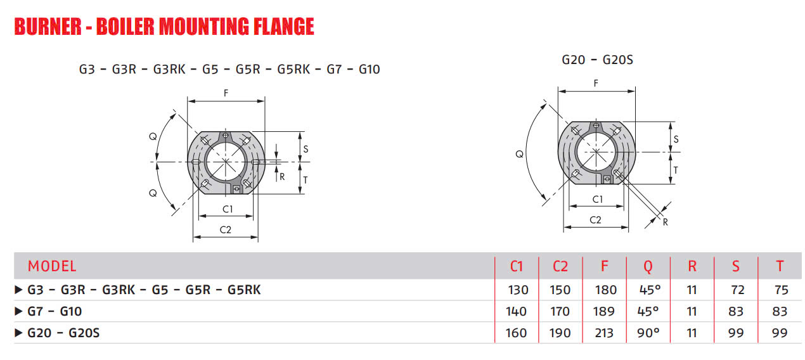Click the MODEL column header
(52, 266)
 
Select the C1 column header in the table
(517, 266)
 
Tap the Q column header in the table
(648, 266)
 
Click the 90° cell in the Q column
(648, 333)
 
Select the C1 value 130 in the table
(517, 290)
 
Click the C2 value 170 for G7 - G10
(560, 312)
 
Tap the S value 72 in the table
(736, 290)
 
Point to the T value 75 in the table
(781, 290)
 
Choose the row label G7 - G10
(55, 312)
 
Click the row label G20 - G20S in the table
(63, 333)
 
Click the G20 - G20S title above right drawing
(597, 60)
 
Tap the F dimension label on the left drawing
(226, 93)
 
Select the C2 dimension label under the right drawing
(595, 220)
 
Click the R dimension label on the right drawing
(665, 222)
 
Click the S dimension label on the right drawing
(676, 139)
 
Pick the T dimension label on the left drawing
(305, 179)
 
